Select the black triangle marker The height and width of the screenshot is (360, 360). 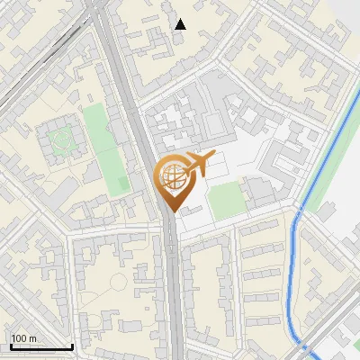point(181,24)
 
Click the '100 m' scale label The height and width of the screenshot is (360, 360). point(24,338)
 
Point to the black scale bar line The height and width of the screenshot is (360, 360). point(40,347)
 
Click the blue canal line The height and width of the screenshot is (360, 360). point(294,270)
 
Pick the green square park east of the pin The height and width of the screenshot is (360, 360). point(228,198)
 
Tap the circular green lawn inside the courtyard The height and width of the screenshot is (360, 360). point(60,139)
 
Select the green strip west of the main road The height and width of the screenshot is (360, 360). point(107,148)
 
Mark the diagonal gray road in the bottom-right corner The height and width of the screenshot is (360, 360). point(333,337)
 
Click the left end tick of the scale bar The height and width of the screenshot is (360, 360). point(10,346)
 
